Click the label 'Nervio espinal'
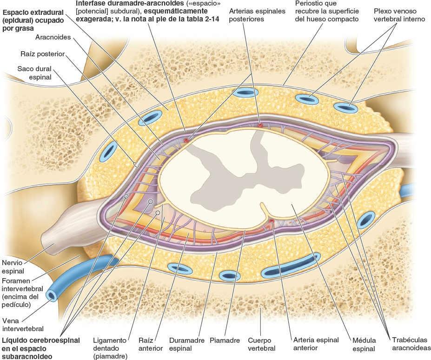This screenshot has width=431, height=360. point(13,266)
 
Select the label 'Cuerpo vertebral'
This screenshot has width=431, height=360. point(261,344)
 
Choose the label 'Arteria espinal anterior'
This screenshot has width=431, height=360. point(316,344)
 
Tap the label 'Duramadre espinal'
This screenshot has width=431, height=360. point(184,344)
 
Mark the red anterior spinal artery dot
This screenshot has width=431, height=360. point(271,221)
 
